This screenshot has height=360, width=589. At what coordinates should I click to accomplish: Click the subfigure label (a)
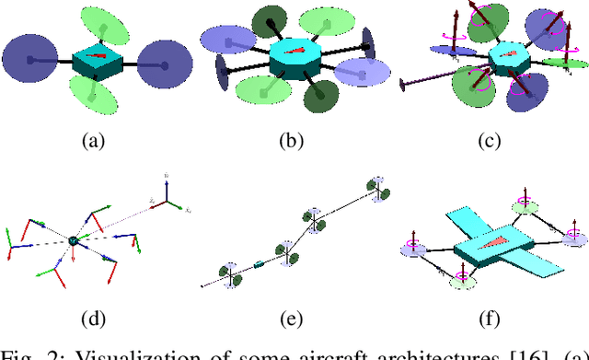tap(93, 141)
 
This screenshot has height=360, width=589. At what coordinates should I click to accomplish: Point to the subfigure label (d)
tap(93, 319)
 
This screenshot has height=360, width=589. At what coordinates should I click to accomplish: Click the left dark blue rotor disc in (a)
tap(31, 62)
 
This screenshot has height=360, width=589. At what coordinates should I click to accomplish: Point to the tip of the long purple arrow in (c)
tap(405, 88)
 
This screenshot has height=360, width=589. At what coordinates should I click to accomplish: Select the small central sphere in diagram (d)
tap(73, 240)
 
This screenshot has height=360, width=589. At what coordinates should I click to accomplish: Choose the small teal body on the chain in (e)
tap(259, 265)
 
